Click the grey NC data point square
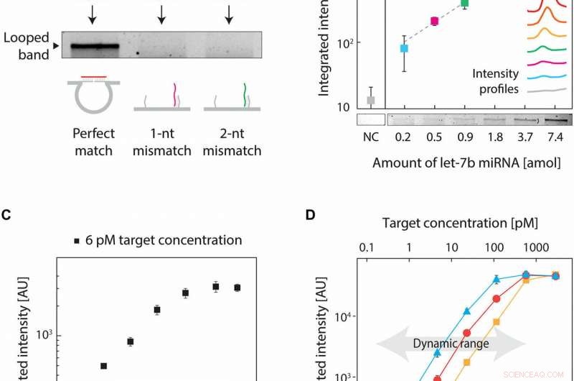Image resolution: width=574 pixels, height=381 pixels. [x=370, y=100]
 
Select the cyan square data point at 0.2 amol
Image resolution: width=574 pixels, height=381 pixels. [x=404, y=48]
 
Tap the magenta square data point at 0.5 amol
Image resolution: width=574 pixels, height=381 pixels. [x=434, y=21]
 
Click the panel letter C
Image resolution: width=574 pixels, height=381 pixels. [x=6, y=214]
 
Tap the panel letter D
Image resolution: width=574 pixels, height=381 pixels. [x=309, y=214]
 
